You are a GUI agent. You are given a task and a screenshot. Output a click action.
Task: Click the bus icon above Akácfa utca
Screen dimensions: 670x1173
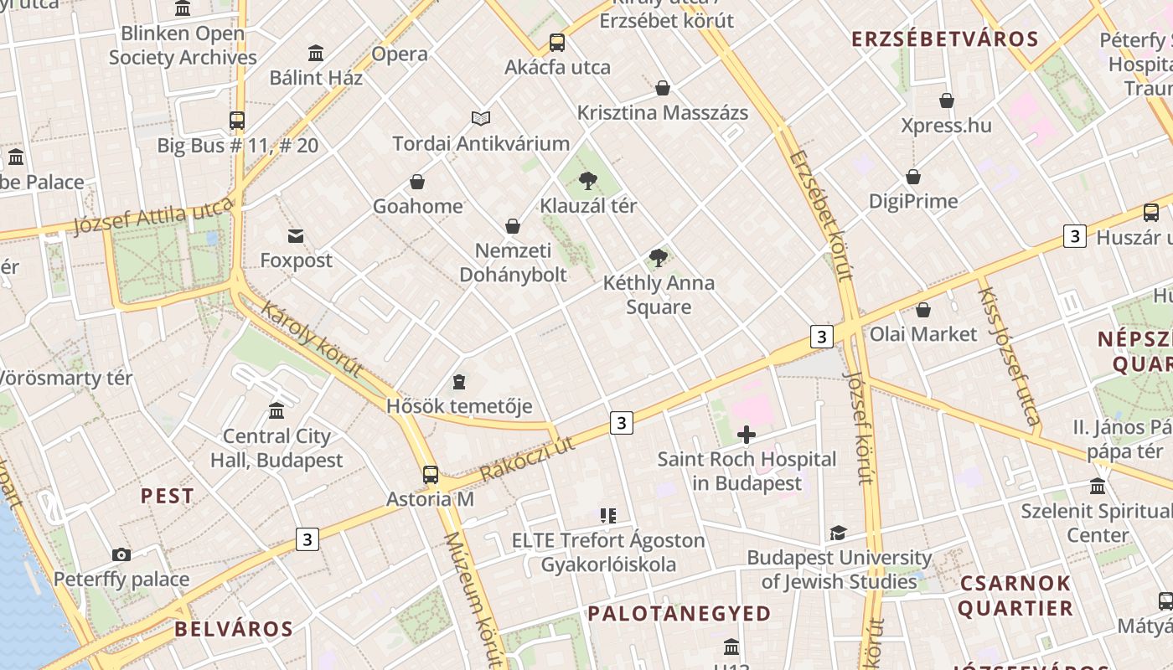point(557,43)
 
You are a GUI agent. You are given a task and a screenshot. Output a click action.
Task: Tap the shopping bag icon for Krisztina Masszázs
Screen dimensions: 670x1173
point(663,88)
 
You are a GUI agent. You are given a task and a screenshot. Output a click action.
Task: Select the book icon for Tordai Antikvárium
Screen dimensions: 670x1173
point(481,119)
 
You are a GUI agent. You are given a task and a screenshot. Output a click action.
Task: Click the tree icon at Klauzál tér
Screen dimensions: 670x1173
point(588,180)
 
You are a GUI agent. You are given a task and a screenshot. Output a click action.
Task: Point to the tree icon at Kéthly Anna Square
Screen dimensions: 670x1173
point(659,258)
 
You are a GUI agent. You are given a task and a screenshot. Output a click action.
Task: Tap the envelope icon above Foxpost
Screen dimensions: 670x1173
point(296,236)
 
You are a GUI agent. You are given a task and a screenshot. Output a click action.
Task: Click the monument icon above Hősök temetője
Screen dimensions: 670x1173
point(459,382)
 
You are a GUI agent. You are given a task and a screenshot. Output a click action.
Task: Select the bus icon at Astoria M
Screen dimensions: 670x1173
point(431,475)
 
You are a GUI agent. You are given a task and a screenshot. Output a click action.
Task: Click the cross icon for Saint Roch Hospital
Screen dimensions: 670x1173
point(747,435)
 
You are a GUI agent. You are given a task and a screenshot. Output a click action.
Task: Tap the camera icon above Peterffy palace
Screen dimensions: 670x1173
point(121,554)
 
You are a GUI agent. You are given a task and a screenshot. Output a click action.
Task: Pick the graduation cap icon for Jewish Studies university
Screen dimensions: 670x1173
point(838,533)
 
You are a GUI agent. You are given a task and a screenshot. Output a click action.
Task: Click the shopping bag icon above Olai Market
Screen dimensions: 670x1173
point(923,310)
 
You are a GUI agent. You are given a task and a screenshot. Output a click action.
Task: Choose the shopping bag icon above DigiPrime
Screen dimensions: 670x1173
point(913,177)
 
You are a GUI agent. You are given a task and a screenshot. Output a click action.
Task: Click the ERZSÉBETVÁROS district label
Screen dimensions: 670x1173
point(945,39)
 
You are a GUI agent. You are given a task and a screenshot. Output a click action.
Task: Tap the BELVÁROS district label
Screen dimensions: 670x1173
point(234,629)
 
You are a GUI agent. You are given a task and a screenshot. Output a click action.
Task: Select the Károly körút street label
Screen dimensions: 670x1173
point(311,338)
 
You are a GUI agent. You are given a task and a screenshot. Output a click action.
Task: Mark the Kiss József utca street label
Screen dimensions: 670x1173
point(1010,356)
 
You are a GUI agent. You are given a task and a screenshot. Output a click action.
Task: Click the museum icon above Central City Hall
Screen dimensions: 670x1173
point(276,411)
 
